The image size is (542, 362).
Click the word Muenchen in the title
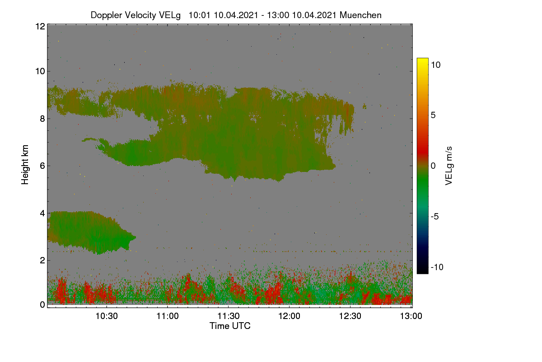[360, 15]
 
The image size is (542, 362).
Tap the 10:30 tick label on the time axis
[107, 316]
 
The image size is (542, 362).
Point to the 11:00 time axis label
[168, 316]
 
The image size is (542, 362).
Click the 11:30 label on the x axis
[229, 316]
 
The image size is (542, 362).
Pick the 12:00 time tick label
[289, 316]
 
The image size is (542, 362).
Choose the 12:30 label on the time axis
[350, 316]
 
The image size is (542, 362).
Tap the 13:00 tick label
[411, 316]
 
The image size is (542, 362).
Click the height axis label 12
[40, 26]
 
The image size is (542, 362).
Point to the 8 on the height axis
[42, 119]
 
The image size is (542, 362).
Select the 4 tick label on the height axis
[42, 214]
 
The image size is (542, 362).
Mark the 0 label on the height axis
[42, 305]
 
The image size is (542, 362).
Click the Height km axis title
[25, 165]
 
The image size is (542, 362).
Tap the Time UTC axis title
[230, 326]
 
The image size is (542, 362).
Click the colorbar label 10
[435, 65]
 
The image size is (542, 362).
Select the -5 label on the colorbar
[435, 216]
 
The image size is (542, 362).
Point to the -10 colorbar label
[437, 267]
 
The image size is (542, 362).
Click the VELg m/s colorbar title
[449, 166]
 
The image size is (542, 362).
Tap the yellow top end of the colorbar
[422, 59]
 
